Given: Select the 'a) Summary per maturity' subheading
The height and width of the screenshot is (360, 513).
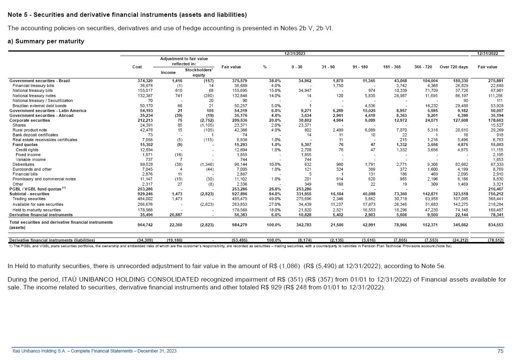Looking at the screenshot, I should point(46,41).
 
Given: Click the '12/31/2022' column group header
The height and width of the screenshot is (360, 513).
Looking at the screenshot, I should point(487,53).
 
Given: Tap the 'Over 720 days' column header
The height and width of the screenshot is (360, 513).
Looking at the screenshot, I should point(454,67).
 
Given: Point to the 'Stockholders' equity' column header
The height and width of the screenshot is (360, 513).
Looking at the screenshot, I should point(199,72).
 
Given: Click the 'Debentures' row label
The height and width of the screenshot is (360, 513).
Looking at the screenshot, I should point(23,164).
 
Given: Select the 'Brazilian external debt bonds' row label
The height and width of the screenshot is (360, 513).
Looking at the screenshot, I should point(39,106).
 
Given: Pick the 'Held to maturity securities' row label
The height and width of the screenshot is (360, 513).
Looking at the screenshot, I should point(36,210).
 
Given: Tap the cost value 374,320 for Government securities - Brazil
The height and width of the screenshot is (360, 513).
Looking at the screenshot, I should point(145,81).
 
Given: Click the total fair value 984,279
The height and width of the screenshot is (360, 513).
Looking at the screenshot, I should point(239,225).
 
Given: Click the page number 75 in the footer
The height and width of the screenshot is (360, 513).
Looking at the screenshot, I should point(500,351).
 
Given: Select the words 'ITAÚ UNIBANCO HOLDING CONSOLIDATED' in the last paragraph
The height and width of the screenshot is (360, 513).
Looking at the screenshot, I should point(130,280).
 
